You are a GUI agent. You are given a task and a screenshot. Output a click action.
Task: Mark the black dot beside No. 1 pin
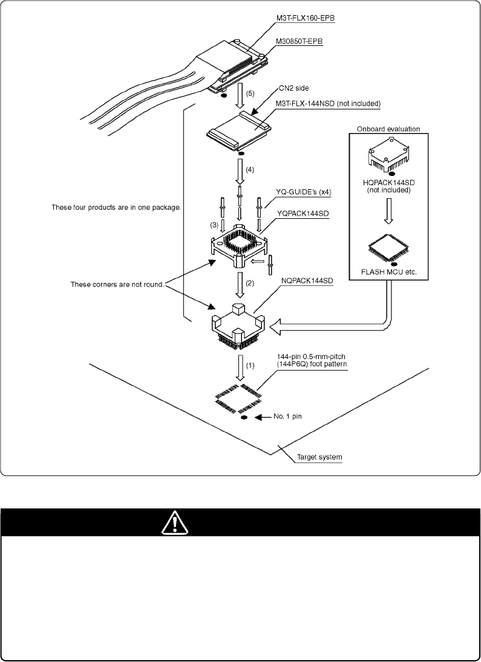(244, 417)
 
